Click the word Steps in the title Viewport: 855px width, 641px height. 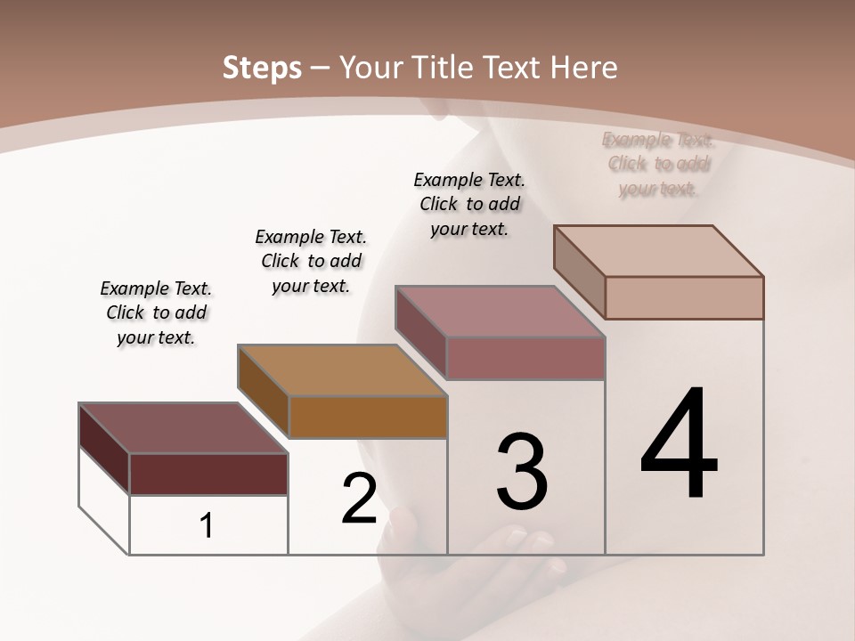point(262,69)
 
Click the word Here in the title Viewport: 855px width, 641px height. point(583,69)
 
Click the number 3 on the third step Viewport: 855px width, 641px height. point(522,472)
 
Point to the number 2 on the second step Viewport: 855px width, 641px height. point(360,499)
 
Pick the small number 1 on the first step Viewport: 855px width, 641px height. point(207,525)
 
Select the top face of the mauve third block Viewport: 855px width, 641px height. point(500,312)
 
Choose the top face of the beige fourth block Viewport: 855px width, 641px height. point(658,251)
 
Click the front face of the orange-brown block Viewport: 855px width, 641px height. point(368,417)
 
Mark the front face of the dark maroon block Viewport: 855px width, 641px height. point(208,474)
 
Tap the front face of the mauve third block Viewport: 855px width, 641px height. point(525,358)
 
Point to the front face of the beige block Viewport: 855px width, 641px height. point(684,297)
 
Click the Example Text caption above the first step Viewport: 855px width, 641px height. point(156,312)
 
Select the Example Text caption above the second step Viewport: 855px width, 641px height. point(311,261)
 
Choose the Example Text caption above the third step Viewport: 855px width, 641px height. point(469,204)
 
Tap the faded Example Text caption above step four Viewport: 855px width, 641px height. point(658,164)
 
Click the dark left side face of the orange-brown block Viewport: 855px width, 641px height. point(264,391)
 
